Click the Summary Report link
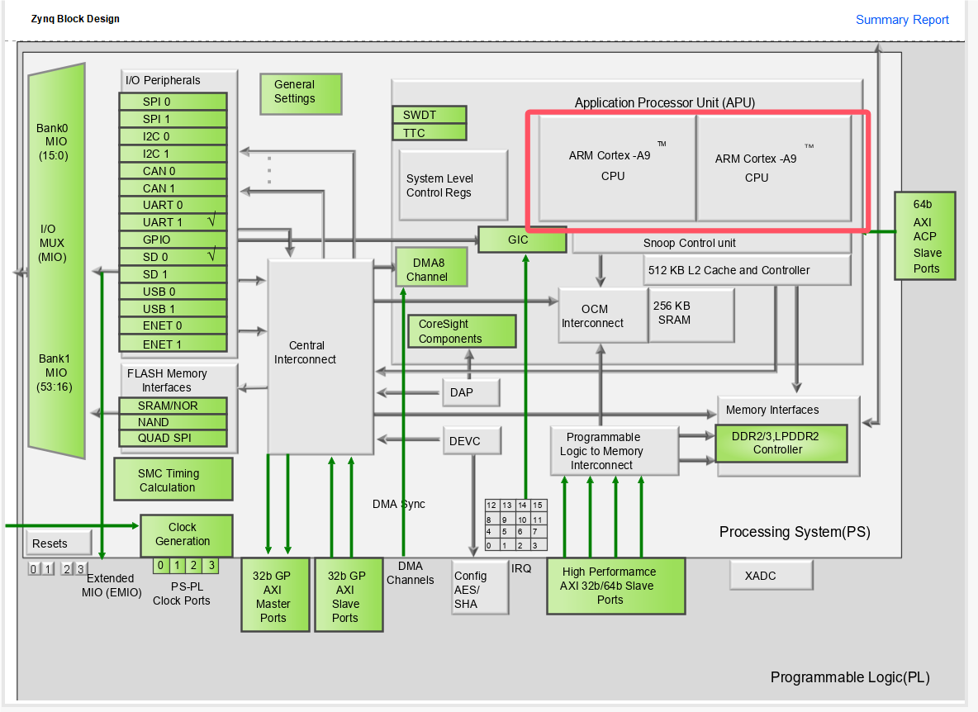[x=902, y=20]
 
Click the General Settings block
[x=301, y=93]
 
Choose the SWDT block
[x=430, y=114]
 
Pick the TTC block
[x=430, y=132]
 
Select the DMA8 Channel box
[x=430, y=268]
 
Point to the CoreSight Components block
[x=462, y=331]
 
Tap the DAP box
[x=471, y=392]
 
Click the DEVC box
[x=472, y=441]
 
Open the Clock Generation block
[x=186, y=534]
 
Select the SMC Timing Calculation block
[x=173, y=480]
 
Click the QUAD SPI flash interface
[x=173, y=438]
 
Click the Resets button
[x=58, y=543]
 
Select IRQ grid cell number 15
[x=538, y=506]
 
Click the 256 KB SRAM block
[x=691, y=314]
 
